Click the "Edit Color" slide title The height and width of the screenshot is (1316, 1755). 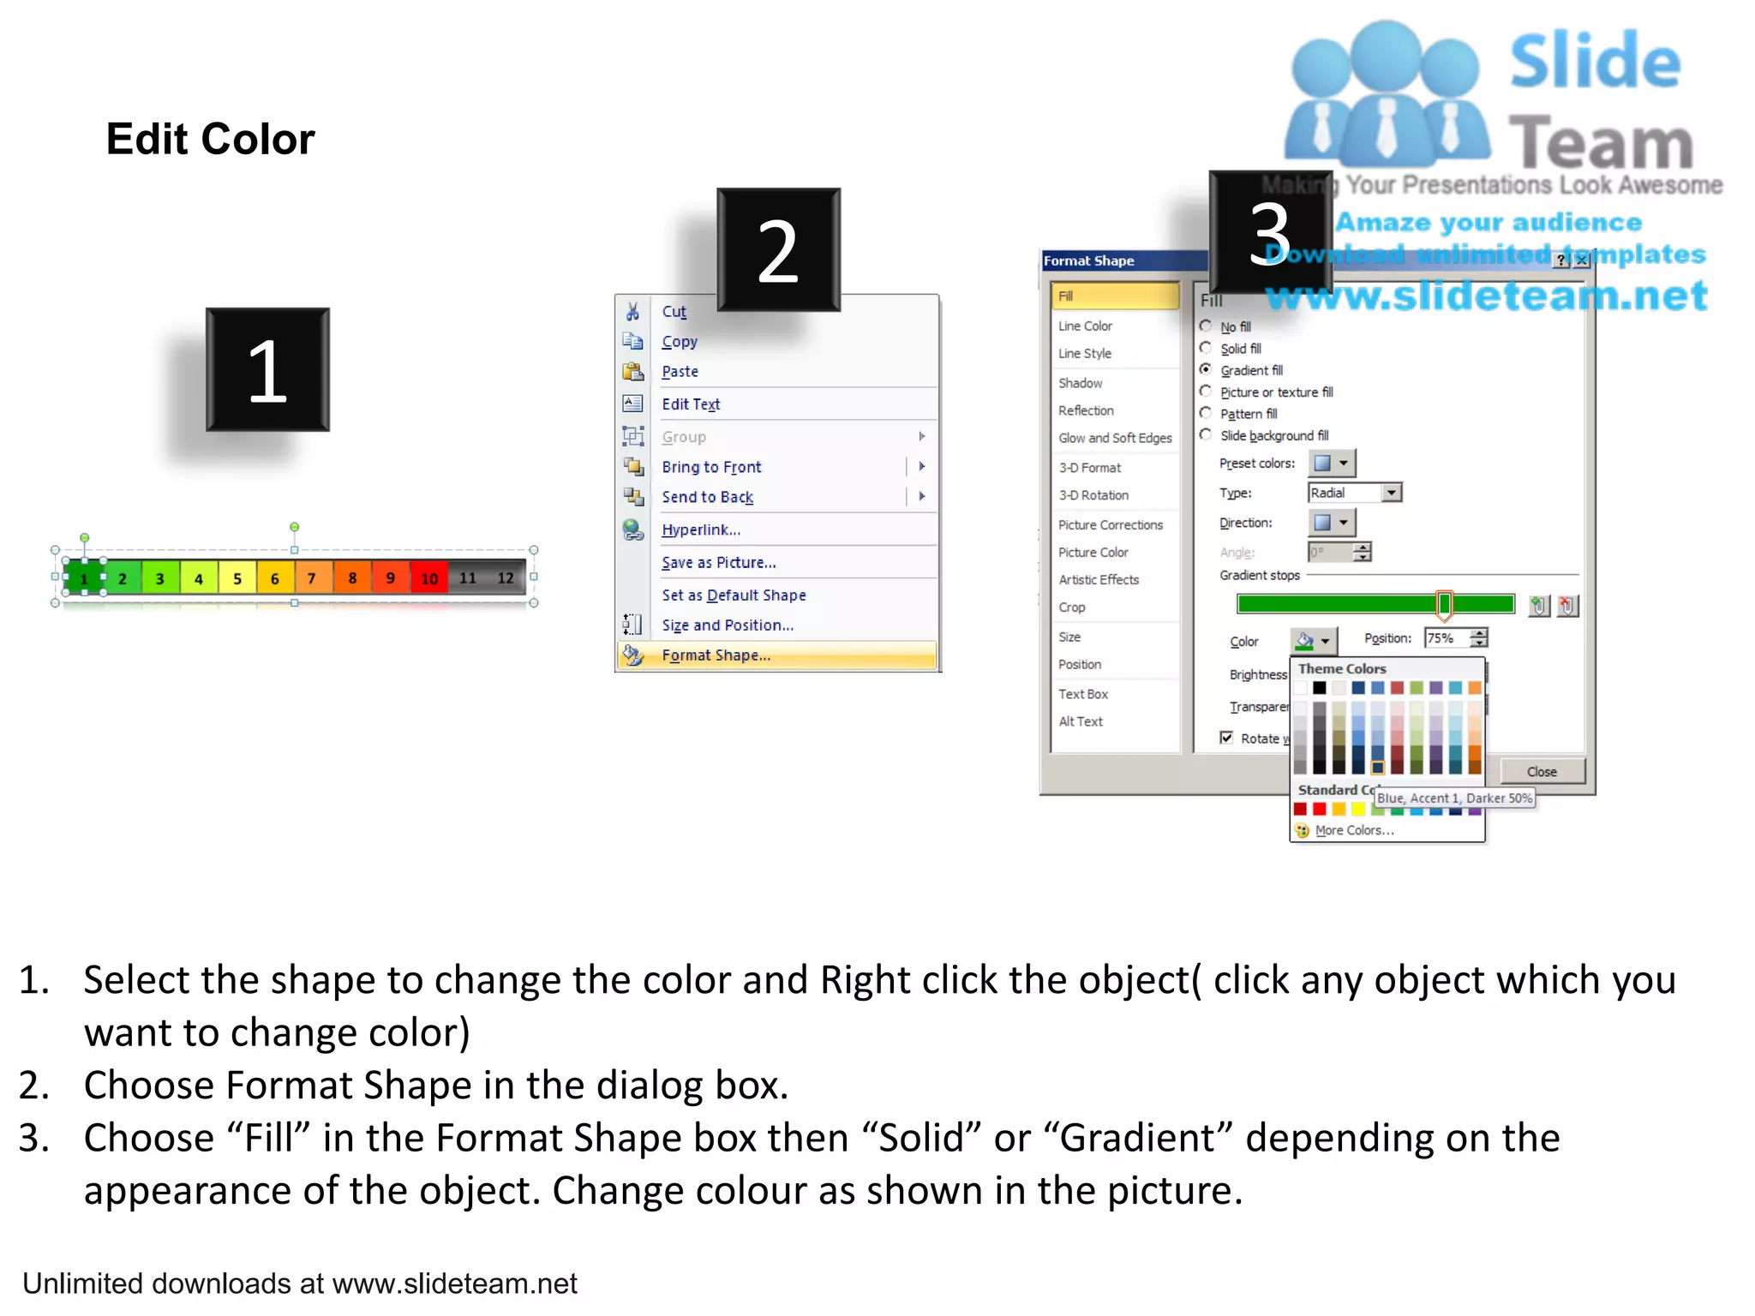click(x=210, y=139)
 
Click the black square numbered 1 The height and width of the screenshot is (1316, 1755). click(x=267, y=370)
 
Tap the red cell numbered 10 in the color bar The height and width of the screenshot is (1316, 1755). click(x=429, y=578)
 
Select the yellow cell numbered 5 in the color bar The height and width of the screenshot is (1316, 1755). click(x=237, y=578)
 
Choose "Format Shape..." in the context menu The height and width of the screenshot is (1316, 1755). click(x=716, y=655)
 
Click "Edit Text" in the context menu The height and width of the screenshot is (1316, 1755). click(x=691, y=404)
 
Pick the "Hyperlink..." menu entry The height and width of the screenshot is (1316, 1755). click(x=701, y=529)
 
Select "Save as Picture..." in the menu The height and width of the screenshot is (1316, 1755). click(x=718, y=563)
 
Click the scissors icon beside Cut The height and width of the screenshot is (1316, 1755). click(x=632, y=311)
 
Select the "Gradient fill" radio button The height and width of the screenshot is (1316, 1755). click(x=1206, y=369)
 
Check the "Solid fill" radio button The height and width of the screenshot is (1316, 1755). click(x=1206, y=348)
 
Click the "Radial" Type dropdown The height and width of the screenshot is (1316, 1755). click(x=1354, y=493)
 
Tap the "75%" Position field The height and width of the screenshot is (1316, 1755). click(x=1447, y=638)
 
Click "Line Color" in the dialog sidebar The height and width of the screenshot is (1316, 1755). click(x=1085, y=326)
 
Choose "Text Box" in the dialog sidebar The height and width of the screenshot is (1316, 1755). click(x=1083, y=694)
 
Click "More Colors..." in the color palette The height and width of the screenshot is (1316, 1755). click(x=1354, y=830)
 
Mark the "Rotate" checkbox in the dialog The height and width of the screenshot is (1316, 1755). click(x=1226, y=738)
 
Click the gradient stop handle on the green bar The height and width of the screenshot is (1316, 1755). click(x=1444, y=604)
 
